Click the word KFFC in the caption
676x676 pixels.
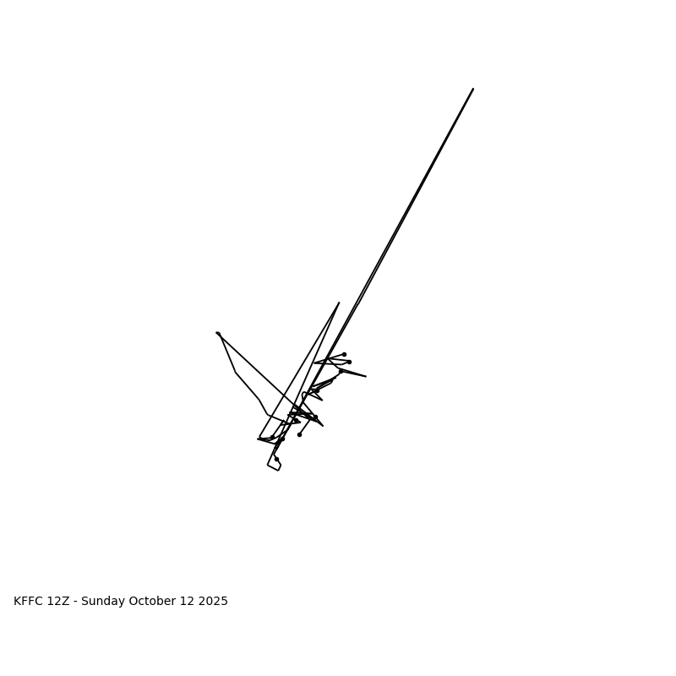pyautogui.click(x=28, y=602)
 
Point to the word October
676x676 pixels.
pyautogui.click(x=153, y=602)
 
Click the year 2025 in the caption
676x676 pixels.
pyautogui.click(x=213, y=602)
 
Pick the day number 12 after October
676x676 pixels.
pyautogui.click(x=188, y=602)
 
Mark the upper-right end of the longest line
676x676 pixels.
pyautogui.click(x=473, y=89)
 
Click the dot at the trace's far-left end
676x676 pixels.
pyautogui.click(x=217, y=333)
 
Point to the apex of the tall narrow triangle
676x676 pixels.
pyautogui.click(x=339, y=303)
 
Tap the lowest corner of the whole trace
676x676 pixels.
pyautogui.click(x=278, y=470)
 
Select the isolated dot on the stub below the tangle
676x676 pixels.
pyautogui.click(x=299, y=434)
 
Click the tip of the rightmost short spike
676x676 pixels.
pyautogui.click(x=366, y=376)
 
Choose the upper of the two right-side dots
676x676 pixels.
pyautogui.click(x=344, y=354)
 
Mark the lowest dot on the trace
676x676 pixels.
pyautogui.click(x=276, y=459)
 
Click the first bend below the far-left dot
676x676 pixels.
pyautogui.click(x=236, y=373)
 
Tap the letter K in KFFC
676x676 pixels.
pyautogui.click(x=18, y=602)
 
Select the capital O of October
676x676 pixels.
pyautogui.click(x=134, y=602)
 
